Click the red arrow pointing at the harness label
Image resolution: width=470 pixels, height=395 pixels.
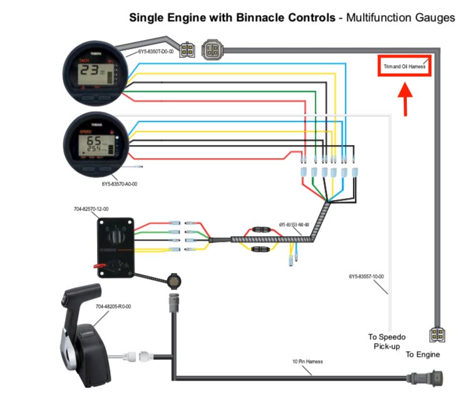[404, 99]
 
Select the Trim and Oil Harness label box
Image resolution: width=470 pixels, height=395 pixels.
[405, 66]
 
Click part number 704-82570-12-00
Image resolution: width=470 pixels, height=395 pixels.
[91, 209]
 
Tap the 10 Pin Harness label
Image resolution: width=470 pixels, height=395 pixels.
[307, 362]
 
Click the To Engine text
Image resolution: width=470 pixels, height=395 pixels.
[422, 355]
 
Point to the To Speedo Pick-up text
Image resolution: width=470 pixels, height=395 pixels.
[386, 341]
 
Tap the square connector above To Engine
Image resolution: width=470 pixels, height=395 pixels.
[437, 335]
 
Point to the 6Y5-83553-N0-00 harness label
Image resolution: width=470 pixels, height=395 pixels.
[294, 224]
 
